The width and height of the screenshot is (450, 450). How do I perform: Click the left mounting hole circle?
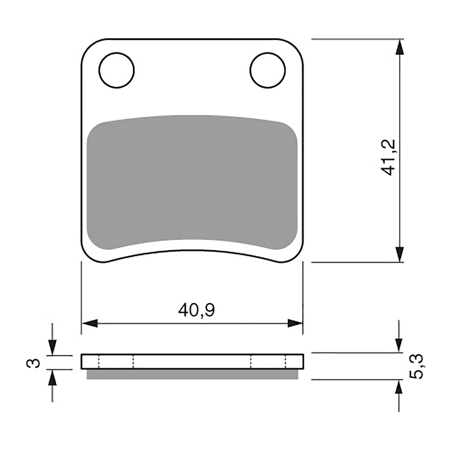[116, 70]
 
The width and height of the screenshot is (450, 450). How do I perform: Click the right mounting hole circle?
[267, 70]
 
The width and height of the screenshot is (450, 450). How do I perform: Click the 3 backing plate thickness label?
[33, 363]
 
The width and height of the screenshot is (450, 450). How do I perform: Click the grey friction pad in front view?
[192, 180]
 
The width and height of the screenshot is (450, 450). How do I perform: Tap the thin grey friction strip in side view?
[192, 374]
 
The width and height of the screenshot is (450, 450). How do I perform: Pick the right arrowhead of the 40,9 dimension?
[295, 323]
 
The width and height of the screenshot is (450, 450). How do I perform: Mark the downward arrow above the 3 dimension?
[52, 347]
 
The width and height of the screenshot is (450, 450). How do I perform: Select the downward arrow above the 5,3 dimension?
[399, 345]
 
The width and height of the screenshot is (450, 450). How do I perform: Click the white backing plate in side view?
[192, 362]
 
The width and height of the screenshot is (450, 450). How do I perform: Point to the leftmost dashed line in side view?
[98, 362]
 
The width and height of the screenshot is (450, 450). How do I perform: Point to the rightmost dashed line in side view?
[286, 362]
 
